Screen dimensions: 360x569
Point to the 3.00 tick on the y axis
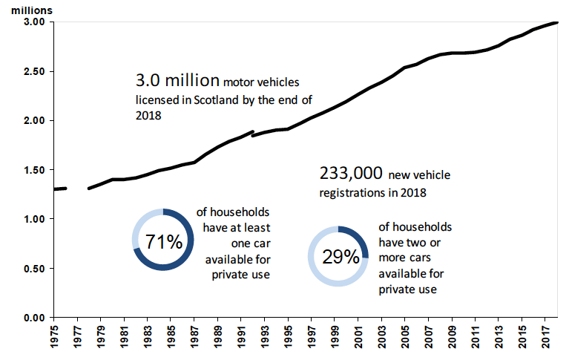click(x=34, y=22)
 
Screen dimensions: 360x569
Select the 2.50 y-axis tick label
click(x=34, y=71)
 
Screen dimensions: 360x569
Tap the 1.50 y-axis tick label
click(x=34, y=170)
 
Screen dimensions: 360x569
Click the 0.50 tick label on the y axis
click(x=34, y=269)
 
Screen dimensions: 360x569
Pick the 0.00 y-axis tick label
click(x=34, y=318)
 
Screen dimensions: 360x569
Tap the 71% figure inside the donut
click(x=163, y=243)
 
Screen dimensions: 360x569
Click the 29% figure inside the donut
click(x=340, y=257)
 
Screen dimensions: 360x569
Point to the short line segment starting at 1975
click(x=61, y=189)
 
